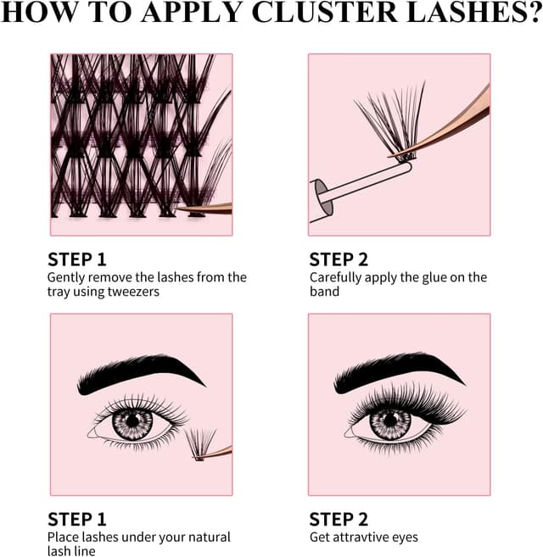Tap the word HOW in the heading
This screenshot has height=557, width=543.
pos(38,12)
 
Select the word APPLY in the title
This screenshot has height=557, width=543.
pos(192,12)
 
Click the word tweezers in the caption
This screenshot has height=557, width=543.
pos(133,292)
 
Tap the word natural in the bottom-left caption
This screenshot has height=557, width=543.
pos(209,538)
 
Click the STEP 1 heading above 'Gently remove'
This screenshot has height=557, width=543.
pos(77,259)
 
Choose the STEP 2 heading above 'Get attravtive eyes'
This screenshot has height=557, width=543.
pos(339,520)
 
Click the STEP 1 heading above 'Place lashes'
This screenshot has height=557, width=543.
pos(77,520)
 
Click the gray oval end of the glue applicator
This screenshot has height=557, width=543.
pos(323,197)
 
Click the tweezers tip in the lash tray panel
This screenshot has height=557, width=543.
pos(182,209)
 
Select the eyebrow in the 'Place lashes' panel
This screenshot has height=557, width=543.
pos(141,375)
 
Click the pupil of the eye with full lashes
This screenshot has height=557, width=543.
pos(390,420)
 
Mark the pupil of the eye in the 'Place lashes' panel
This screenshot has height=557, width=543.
pos(132,421)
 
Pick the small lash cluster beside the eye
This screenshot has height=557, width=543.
pos(200,444)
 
